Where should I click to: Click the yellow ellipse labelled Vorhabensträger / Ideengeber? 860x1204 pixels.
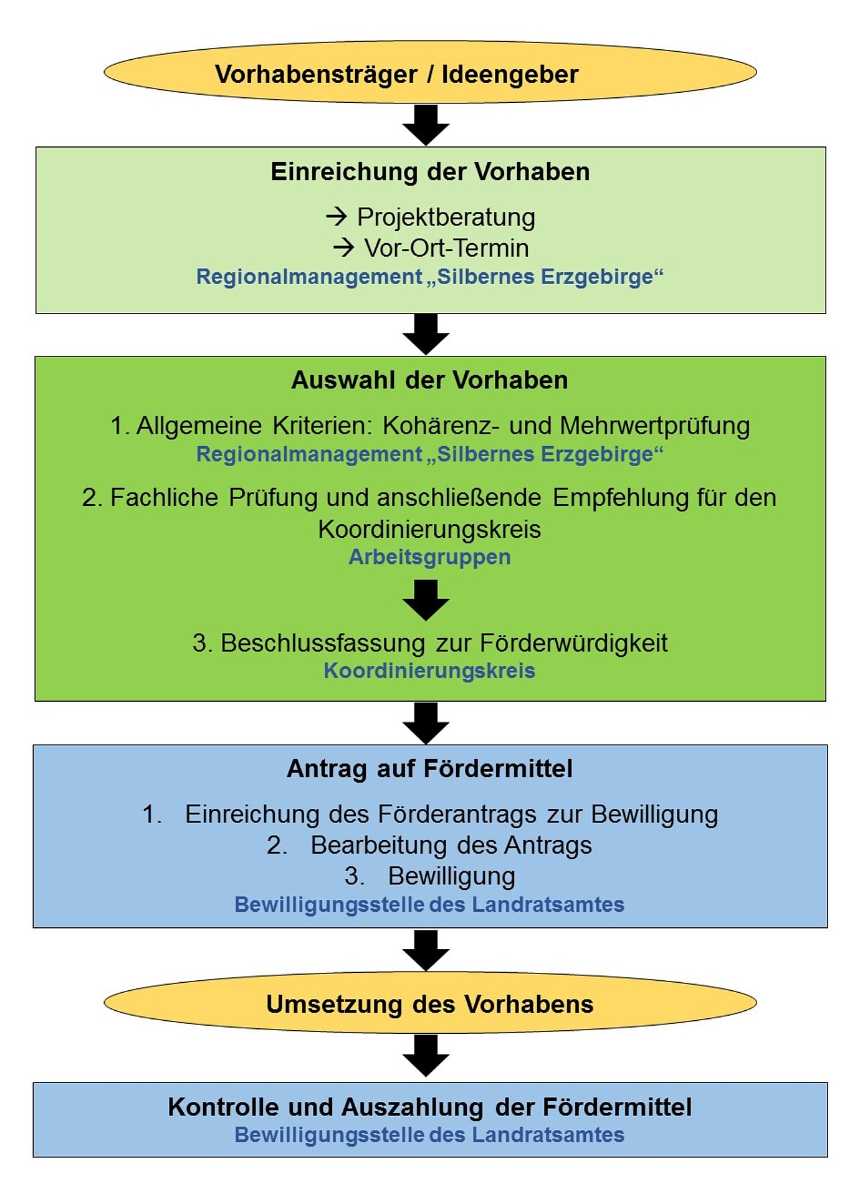pos(430,74)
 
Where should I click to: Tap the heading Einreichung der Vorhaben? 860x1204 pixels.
pos(430,172)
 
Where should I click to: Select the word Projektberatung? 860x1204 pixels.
pos(446,217)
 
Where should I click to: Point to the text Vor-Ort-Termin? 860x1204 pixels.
pos(446,248)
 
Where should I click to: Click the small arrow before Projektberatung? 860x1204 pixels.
pos(337,217)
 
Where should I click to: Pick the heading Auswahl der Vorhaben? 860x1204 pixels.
pos(429,380)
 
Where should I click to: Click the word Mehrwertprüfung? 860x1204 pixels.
pos(654,426)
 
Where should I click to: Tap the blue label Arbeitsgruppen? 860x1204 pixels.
pos(429,557)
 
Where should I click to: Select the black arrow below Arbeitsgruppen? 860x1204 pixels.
pos(426,600)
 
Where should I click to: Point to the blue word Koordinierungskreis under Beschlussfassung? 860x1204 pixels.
pos(429,671)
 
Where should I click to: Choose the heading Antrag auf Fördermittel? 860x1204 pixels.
pos(429,769)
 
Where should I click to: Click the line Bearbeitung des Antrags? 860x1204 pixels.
pos(451,846)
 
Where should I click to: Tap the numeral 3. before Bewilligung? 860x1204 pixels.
pos(355,877)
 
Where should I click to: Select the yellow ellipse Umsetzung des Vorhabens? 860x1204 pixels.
pos(430,1005)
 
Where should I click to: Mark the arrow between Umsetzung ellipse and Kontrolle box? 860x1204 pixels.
pos(426,1056)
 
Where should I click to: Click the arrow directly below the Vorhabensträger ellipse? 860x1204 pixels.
pos(426,125)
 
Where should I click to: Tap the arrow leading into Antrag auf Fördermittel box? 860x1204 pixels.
pos(426,723)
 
